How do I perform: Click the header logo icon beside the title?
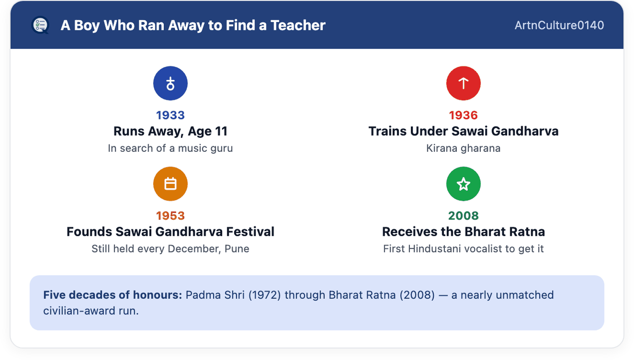[40, 25]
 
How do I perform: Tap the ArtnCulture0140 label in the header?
[559, 25]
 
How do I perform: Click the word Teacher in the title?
[298, 25]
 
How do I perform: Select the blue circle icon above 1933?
[170, 83]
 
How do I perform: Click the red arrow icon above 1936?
[463, 83]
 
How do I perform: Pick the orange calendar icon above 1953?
[170, 184]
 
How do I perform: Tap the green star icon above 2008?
[463, 184]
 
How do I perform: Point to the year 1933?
[170, 115]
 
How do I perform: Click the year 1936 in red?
[463, 115]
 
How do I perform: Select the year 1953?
[170, 216]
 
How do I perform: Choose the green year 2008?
[463, 216]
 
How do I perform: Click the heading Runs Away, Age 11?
[170, 131]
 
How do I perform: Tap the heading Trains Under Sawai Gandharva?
[463, 131]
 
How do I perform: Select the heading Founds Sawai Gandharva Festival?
[170, 232]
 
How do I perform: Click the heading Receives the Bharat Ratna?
[463, 232]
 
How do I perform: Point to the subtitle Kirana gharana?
[463, 148]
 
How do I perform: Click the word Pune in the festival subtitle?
[237, 249]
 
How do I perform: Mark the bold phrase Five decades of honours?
[113, 295]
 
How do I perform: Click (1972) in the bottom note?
[265, 295]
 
